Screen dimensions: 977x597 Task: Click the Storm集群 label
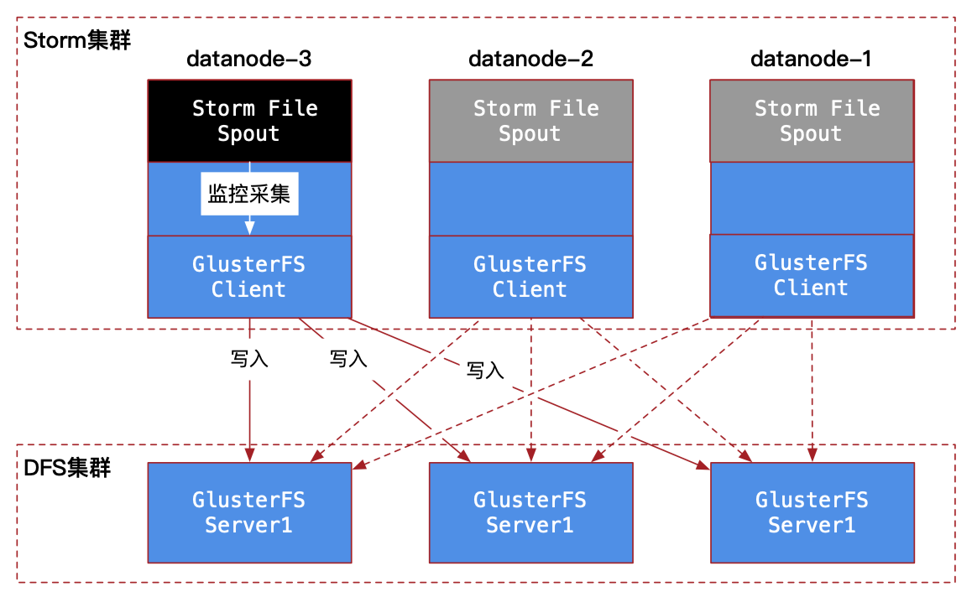click(77, 40)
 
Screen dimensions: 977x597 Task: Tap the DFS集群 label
click(67, 468)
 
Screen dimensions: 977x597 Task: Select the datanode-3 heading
click(248, 59)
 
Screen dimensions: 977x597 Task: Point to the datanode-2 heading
click(530, 59)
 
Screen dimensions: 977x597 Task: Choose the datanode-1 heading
click(811, 59)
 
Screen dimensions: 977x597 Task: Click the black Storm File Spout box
click(249, 121)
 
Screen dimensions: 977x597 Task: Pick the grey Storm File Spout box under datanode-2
click(530, 121)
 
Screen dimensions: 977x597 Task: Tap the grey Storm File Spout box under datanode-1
click(812, 121)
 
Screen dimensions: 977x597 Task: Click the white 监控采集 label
click(249, 194)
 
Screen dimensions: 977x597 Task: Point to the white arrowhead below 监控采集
click(249, 227)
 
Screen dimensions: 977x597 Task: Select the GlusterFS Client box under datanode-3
click(249, 277)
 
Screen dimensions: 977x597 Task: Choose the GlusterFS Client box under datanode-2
click(530, 277)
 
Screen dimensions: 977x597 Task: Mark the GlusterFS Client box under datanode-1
click(812, 275)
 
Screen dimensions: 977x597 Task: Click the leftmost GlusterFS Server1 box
click(249, 512)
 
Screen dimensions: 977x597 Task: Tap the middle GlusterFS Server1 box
click(530, 512)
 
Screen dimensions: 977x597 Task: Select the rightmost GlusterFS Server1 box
click(812, 512)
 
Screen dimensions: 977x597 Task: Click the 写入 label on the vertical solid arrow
click(249, 359)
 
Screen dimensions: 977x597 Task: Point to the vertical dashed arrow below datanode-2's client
click(530, 390)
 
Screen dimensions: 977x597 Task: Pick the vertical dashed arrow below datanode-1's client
click(812, 390)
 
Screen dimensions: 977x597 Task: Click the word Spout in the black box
click(248, 134)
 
